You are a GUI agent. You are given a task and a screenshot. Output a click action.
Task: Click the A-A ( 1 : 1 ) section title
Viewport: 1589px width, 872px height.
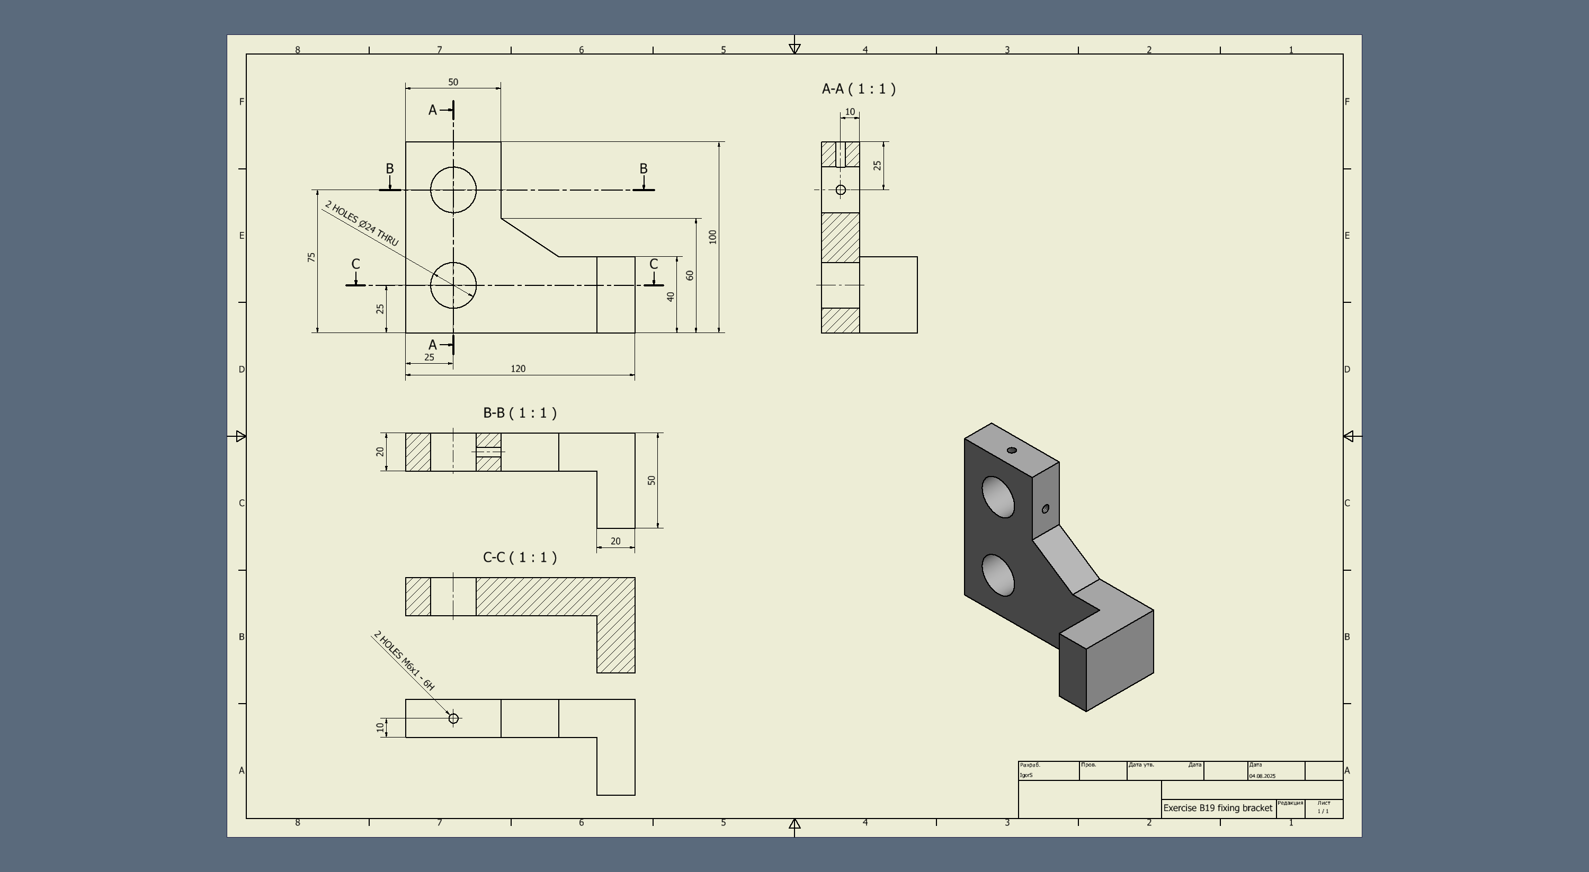pyautogui.click(x=859, y=89)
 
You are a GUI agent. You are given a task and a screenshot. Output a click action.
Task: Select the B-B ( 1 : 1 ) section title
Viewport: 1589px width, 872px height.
pyautogui.click(x=520, y=413)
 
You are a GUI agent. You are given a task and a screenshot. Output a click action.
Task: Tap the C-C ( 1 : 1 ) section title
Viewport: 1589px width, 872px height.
pyautogui.click(x=520, y=558)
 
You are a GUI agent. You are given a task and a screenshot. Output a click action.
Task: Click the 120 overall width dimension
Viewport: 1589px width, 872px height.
pyautogui.click(x=518, y=369)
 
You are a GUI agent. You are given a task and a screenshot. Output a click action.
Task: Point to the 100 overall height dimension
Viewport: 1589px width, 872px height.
pyautogui.click(x=713, y=237)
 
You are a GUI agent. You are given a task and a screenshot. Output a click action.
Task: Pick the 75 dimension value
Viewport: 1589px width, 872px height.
pyautogui.click(x=311, y=257)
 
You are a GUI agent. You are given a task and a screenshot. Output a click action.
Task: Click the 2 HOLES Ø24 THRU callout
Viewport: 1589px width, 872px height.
pyautogui.click(x=361, y=223)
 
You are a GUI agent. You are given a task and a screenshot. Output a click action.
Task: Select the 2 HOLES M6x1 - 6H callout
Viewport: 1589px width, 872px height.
pyautogui.click(x=405, y=660)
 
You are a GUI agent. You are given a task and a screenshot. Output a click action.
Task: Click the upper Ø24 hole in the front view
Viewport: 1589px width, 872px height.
pyautogui.click(x=453, y=190)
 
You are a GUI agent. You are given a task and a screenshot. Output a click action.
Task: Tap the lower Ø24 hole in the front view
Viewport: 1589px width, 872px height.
pyautogui.click(x=453, y=285)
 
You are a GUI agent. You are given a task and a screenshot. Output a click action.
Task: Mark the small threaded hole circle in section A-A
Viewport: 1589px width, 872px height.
pyautogui.click(x=841, y=190)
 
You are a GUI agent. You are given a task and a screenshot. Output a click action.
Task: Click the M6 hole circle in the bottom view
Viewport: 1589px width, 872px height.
pyautogui.click(x=453, y=718)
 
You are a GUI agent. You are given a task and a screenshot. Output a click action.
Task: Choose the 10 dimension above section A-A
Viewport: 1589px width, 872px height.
pyautogui.click(x=850, y=112)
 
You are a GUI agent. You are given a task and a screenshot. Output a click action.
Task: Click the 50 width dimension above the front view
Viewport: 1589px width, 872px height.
pyautogui.click(x=453, y=82)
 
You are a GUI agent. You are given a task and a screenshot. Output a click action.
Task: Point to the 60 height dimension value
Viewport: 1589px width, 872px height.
pyautogui.click(x=690, y=275)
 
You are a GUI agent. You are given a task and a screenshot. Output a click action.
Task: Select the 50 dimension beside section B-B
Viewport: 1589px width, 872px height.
pyautogui.click(x=652, y=480)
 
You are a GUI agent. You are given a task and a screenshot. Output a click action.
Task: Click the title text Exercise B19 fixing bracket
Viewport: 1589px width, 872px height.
pyautogui.click(x=1218, y=808)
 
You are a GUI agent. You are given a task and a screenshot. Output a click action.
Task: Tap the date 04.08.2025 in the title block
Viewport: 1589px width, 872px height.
pyautogui.click(x=1263, y=776)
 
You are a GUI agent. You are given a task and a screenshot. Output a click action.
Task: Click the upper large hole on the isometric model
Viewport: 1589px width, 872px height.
pyautogui.click(x=997, y=497)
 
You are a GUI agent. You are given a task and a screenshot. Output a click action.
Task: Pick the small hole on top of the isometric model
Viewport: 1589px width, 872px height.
pyautogui.click(x=1012, y=450)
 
